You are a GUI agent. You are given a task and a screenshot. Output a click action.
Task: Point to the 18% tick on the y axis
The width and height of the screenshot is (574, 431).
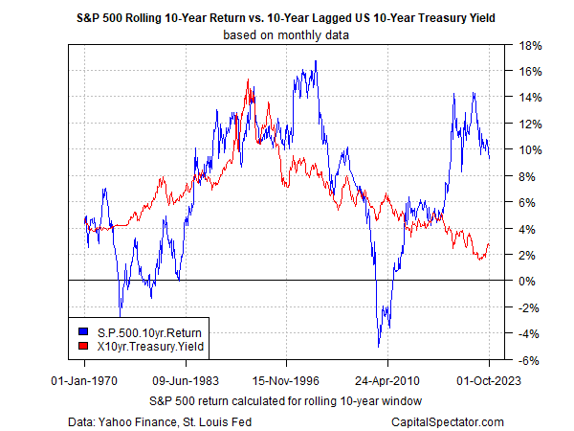531,45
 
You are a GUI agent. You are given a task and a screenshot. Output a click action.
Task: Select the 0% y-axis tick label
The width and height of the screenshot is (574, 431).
528,281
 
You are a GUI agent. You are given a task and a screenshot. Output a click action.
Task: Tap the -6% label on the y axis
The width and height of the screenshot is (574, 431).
529,360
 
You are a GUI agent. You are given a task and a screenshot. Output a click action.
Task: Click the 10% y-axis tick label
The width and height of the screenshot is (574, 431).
531,149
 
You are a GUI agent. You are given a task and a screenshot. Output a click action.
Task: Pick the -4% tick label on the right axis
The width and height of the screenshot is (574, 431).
529,333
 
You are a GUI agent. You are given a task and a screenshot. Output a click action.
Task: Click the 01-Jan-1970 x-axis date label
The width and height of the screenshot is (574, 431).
84,379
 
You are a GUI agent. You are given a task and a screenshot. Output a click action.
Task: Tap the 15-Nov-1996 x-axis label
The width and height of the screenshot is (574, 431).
286,379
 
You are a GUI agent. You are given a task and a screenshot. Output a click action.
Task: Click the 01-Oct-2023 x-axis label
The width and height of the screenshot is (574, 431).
488,379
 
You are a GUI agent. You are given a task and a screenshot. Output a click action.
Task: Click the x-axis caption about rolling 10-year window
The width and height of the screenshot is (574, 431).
286,397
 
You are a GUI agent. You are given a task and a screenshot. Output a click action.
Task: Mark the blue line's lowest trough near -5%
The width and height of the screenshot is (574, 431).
379,346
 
